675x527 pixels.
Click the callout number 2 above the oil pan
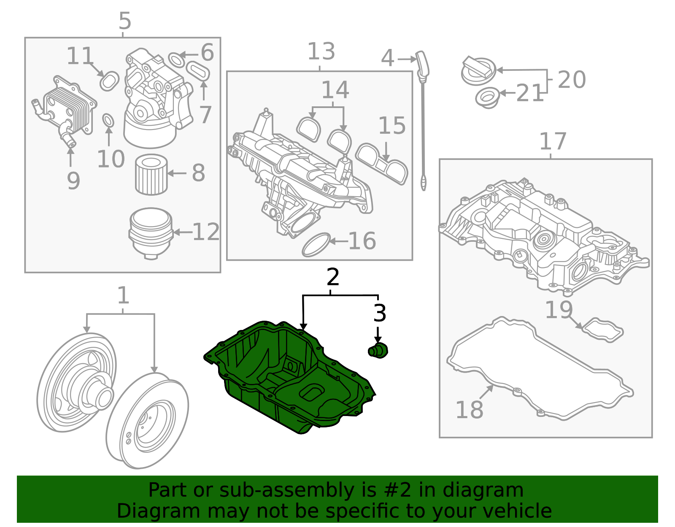coord(333,277)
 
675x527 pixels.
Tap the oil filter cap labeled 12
coord(151,232)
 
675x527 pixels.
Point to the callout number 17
coord(553,142)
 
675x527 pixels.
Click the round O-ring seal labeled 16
coord(316,244)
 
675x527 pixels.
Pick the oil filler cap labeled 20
coord(478,71)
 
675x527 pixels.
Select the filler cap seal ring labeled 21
coord(487,97)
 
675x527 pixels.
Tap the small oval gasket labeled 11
coord(109,81)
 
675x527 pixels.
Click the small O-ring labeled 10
coord(108,120)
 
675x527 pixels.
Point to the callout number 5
coord(125,20)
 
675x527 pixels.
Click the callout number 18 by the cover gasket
coord(469,410)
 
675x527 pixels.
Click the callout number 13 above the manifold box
coord(321,51)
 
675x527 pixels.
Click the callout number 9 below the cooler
coord(73,181)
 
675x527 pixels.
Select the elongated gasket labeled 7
coord(198,70)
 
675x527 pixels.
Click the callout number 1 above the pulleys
coord(123,295)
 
